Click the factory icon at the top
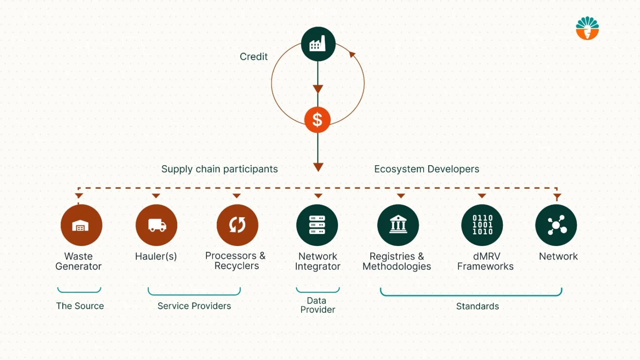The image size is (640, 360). point(318,44)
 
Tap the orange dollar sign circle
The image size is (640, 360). point(317,120)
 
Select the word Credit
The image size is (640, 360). point(253,56)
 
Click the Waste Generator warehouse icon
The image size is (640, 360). point(81,225)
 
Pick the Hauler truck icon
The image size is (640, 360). point(157,225)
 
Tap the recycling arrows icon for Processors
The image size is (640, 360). point(237,225)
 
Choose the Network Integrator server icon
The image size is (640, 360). point(317,225)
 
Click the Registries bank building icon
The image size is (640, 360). point(398,225)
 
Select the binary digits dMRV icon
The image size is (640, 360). point(482,225)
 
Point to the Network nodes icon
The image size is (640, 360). point(556,225)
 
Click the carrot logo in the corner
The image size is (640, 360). point(587,28)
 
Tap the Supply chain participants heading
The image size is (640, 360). point(219,169)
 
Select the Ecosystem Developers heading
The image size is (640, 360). point(426,169)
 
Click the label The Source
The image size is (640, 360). point(80,306)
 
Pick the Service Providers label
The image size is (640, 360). point(194,306)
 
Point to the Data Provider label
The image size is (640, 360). point(317,305)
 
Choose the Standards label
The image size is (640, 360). point(477,306)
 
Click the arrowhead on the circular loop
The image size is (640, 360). point(352,55)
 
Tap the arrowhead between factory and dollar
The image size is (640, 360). point(318,89)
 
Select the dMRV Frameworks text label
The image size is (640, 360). point(485,261)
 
